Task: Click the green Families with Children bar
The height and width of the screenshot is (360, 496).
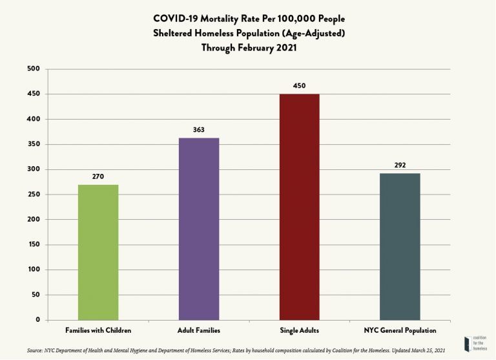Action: tap(98, 252)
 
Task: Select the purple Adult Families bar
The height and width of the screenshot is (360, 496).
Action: tap(199, 229)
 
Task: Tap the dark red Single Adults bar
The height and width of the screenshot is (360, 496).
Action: tap(299, 207)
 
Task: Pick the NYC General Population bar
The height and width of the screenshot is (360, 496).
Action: tap(400, 246)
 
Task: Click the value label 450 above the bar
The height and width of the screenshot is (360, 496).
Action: tap(299, 85)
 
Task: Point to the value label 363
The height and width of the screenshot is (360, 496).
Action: tap(199, 130)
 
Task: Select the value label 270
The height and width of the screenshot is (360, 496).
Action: tap(98, 176)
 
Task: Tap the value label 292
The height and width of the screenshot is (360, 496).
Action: tap(400, 165)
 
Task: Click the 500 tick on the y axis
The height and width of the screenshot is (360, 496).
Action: tap(34, 69)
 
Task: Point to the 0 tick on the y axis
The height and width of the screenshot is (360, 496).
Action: tap(37, 320)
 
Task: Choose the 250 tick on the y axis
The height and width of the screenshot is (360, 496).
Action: tap(34, 195)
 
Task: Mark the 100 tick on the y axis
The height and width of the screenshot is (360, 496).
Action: tap(34, 270)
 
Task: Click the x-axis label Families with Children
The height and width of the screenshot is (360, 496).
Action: tap(98, 330)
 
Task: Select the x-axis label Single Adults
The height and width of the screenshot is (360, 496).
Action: tap(299, 330)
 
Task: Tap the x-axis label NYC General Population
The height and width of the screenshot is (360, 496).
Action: tap(400, 330)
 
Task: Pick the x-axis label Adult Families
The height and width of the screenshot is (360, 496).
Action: tap(199, 330)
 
